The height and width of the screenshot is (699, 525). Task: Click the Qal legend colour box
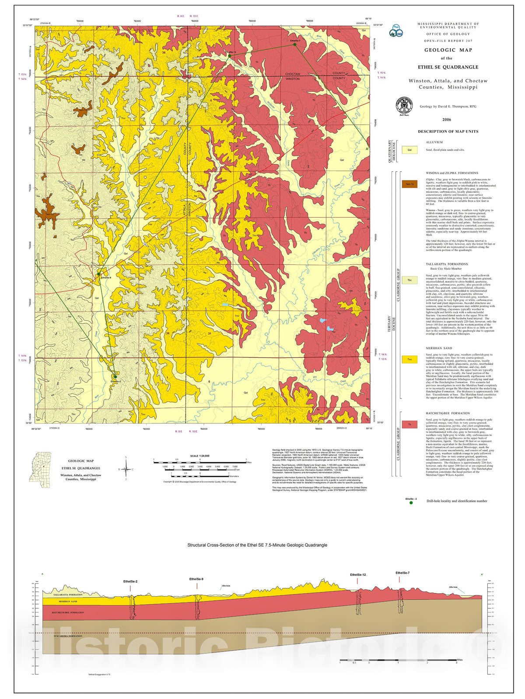pyautogui.click(x=409, y=150)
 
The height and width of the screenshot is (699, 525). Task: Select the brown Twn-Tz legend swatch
pyautogui.click(x=409, y=184)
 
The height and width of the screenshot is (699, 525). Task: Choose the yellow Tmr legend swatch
pyautogui.click(x=409, y=360)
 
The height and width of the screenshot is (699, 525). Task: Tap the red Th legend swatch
pyautogui.click(x=409, y=424)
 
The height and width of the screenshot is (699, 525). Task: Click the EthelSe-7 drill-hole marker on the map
pyautogui.click(x=295, y=45)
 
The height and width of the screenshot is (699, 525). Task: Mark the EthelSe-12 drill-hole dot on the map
pyautogui.click(x=229, y=55)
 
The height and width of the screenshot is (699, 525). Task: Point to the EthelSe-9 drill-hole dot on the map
pyautogui.click(x=98, y=274)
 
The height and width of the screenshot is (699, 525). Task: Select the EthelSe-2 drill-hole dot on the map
pyautogui.click(x=115, y=377)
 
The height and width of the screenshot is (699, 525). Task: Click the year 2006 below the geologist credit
pyautogui.click(x=446, y=119)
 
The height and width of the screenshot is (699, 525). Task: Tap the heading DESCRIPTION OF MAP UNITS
pyautogui.click(x=448, y=131)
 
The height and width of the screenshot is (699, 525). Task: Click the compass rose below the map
pyautogui.click(x=126, y=470)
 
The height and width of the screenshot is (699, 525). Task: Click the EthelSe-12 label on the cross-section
pyautogui.click(x=357, y=575)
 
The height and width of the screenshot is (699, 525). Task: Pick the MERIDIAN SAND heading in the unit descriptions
pyautogui.click(x=439, y=348)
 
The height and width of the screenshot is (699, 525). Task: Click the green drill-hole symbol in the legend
pyautogui.click(x=411, y=503)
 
